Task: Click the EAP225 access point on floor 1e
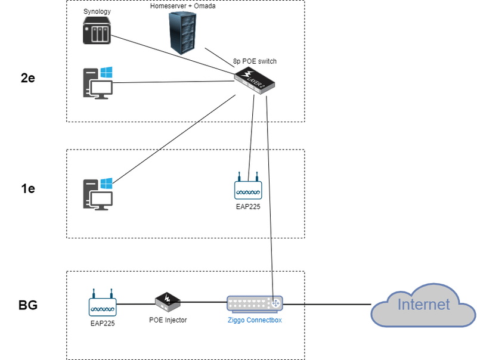248,188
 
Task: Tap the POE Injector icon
168,302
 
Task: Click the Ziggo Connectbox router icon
255,304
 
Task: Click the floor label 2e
27,78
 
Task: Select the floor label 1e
27,189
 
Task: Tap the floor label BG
27,305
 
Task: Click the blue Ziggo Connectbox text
255,320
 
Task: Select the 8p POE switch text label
255,61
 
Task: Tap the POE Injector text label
168,320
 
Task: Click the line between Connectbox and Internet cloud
328,304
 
